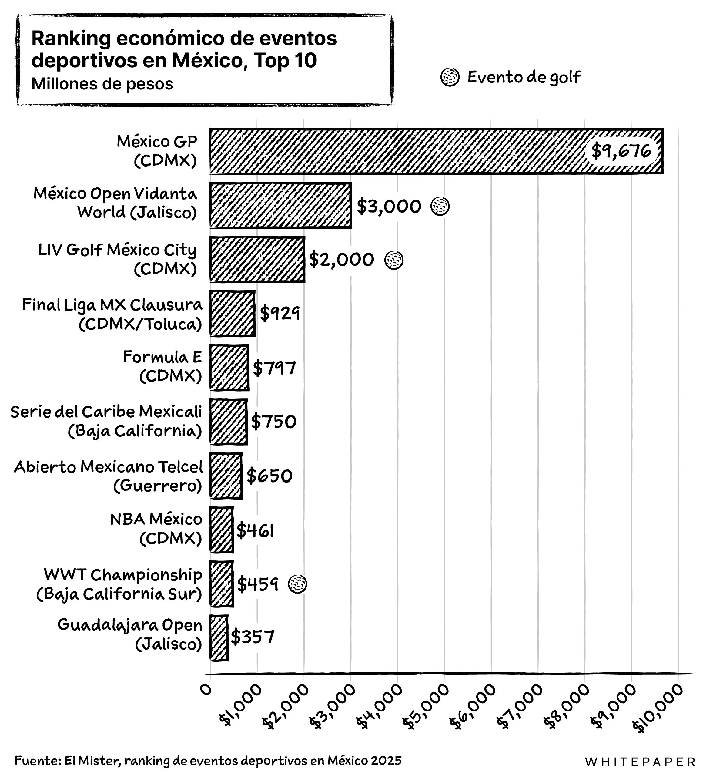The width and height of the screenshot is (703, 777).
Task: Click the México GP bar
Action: tap(397, 151)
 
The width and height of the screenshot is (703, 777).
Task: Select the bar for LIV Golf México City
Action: tap(257, 259)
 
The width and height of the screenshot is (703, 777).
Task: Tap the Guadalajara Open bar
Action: tap(219, 638)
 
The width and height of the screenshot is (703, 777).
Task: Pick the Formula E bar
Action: tap(229, 368)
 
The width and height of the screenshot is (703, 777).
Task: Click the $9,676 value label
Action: tap(621, 151)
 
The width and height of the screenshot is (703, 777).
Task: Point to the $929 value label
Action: tap(280, 313)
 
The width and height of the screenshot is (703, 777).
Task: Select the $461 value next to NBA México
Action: tap(255, 531)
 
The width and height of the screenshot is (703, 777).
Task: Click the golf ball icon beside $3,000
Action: tap(440, 206)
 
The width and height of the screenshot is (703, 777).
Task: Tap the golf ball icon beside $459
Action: tap(298, 584)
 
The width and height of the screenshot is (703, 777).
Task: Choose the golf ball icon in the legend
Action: tap(450, 77)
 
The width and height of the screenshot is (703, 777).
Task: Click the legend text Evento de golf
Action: tap(524, 77)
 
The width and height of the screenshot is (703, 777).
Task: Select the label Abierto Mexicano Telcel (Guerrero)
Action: tap(108, 476)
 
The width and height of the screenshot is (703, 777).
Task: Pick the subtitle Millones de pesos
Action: tap(102, 84)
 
